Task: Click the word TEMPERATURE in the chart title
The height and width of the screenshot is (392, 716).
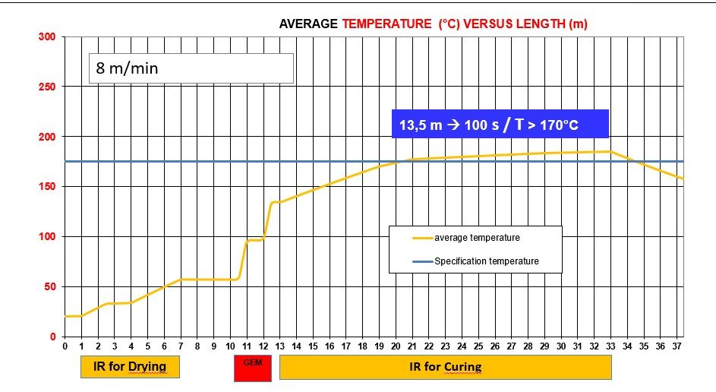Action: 387,24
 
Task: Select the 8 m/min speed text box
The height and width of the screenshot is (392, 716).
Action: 190,68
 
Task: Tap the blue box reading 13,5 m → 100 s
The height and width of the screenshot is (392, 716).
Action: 500,124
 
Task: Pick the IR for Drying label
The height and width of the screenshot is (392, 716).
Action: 130,368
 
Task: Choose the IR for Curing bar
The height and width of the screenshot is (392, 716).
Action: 445,368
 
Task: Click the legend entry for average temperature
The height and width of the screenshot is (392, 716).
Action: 476,238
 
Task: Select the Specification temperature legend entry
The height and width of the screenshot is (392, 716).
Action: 486,261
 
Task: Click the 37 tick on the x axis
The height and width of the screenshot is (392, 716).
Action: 677,346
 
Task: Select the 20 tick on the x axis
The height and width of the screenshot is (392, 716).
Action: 396,346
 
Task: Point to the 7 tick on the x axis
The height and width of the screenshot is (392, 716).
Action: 181,346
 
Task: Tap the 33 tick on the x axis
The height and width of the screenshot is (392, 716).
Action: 610,346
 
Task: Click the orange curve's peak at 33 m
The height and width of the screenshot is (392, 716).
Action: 610,151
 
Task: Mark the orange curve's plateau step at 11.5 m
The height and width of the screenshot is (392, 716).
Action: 254,240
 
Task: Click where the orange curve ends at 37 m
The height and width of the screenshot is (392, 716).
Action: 682,179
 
